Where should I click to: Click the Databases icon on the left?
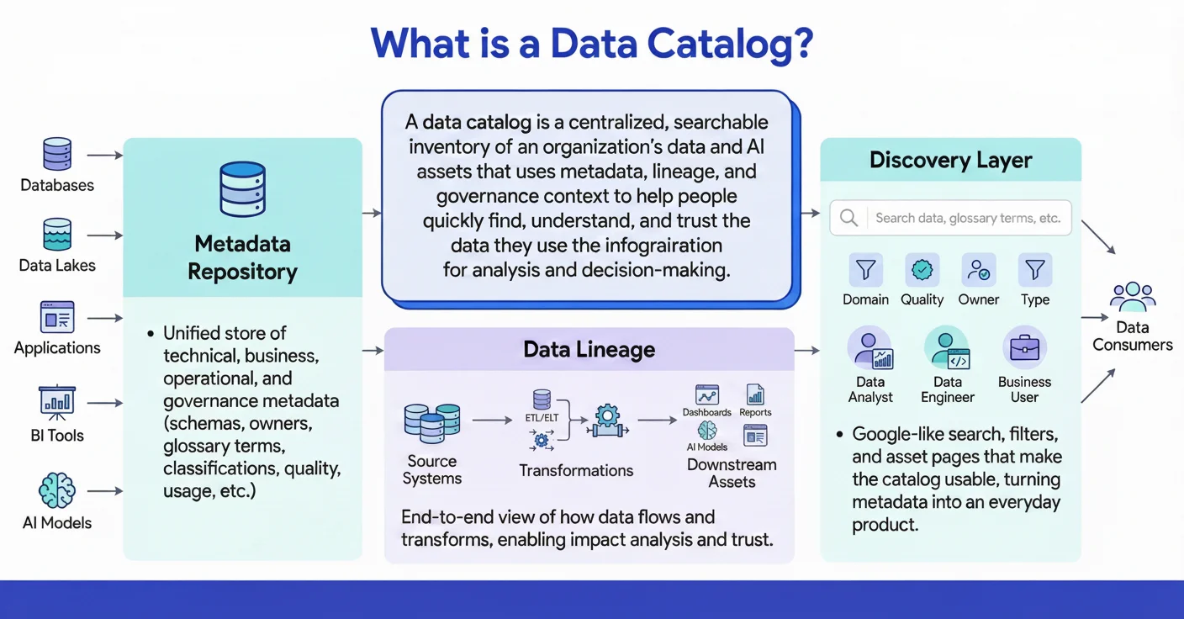[x=57, y=155]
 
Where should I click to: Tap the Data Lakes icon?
[x=57, y=235]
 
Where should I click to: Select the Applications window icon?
[x=57, y=317]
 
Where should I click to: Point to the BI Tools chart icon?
[x=57, y=403]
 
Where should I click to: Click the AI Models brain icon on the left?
[x=57, y=490]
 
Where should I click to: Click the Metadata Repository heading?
[x=242, y=258]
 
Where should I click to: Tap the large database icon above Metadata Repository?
[x=242, y=189]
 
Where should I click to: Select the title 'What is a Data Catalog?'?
[x=592, y=44]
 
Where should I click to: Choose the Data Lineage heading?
[x=589, y=350]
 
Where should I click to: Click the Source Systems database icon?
[x=431, y=423]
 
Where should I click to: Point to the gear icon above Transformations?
[x=606, y=419]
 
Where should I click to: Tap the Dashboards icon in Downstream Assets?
[x=706, y=394]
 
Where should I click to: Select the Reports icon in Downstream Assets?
[x=755, y=394]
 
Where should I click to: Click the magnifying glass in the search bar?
[x=849, y=218]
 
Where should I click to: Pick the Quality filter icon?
[x=922, y=270]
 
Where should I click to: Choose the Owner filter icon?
[x=979, y=270]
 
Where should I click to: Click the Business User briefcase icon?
[x=1024, y=347]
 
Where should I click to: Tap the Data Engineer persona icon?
[x=947, y=348]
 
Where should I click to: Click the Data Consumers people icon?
[x=1133, y=297]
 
